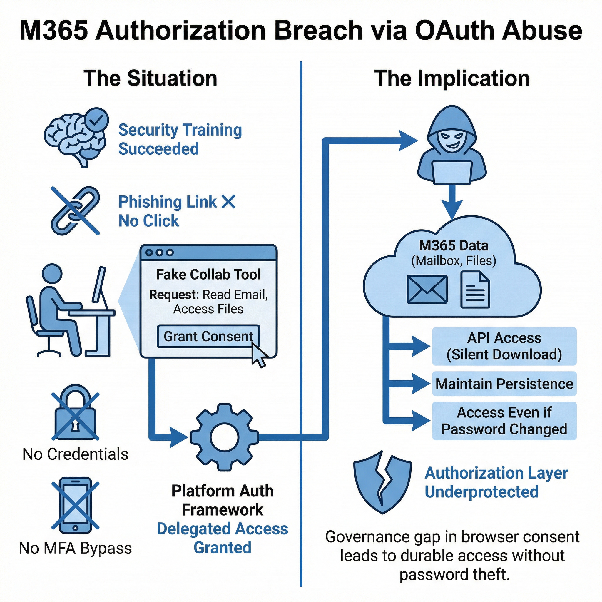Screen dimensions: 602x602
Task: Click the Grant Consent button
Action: pyautogui.click(x=208, y=337)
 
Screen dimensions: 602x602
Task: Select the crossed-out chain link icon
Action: pyautogui.click(x=75, y=211)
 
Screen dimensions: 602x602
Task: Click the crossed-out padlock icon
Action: pyautogui.click(x=75, y=413)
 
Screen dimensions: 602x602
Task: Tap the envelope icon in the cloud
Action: pyautogui.click(x=427, y=290)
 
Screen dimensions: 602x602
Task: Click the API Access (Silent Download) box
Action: pyautogui.click(x=504, y=346)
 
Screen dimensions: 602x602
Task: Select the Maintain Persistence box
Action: pyautogui.click(x=504, y=384)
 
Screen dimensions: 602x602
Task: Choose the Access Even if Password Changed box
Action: pyautogui.click(x=504, y=421)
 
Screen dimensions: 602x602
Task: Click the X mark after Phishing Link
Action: pyautogui.click(x=228, y=202)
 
